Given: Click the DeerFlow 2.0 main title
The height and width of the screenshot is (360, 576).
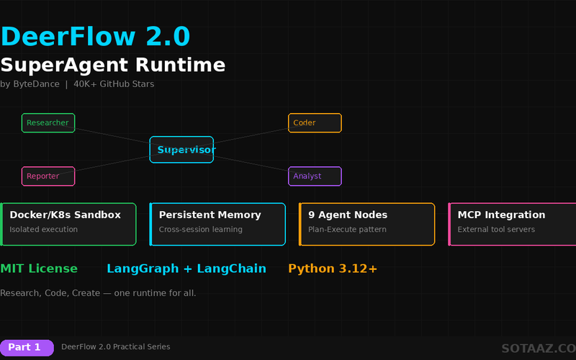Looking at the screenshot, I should (95, 36).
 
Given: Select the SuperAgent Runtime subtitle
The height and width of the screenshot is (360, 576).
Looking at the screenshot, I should (113, 65).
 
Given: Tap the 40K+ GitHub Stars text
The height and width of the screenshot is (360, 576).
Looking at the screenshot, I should (114, 84).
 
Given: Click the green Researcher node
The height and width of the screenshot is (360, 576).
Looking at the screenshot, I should (48, 123).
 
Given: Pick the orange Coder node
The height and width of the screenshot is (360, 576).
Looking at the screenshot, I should (315, 123).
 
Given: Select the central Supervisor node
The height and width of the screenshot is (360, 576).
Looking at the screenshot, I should (181, 150).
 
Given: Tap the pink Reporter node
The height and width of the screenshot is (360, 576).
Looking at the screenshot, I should (48, 176).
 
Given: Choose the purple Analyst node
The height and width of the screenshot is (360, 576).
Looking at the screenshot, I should (315, 176).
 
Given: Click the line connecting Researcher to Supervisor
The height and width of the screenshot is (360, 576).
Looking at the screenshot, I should (112, 136).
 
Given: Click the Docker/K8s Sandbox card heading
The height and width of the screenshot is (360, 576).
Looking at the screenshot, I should (65, 215).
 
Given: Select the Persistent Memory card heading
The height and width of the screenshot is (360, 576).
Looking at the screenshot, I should (210, 215).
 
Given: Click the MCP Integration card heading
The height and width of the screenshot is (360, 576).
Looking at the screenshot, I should (501, 215).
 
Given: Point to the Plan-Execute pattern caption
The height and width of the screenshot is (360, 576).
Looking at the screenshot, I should (347, 230).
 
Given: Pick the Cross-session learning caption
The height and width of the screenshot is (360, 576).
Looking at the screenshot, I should (200, 230).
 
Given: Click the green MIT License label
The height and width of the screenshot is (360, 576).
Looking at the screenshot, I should (39, 269).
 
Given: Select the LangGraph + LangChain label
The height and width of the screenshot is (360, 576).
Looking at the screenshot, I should (186, 269).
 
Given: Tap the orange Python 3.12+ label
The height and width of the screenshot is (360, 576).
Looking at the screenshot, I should (333, 269).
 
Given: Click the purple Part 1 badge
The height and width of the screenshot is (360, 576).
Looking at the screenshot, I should (27, 348).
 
